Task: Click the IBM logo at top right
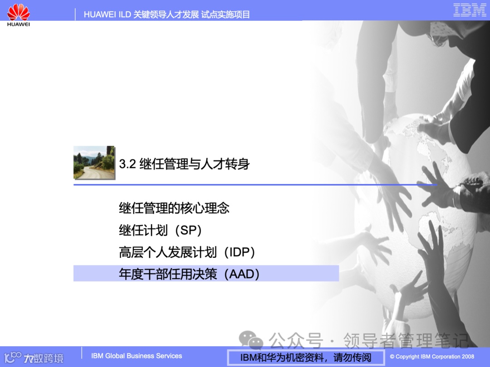point(470,10)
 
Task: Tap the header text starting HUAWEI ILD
point(167,14)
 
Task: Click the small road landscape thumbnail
point(94,162)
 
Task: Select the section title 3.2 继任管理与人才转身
point(184,164)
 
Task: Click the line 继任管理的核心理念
point(174,208)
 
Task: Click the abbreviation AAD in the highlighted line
point(244,274)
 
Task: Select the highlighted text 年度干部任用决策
point(168,274)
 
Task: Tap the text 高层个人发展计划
point(168,252)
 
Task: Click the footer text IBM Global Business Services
point(137,356)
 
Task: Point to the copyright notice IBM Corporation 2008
point(432,357)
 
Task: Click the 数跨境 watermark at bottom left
point(44,358)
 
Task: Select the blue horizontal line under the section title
point(254,184)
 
